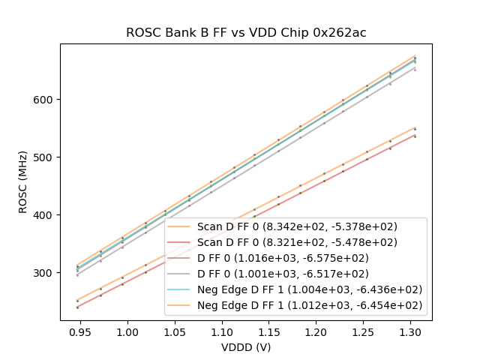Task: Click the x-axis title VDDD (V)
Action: [x=246, y=347]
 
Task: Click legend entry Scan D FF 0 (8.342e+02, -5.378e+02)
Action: [x=297, y=226]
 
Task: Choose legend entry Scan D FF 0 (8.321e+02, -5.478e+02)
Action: [x=297, y=242]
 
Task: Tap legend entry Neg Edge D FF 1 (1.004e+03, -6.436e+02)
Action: [x=310, y=289]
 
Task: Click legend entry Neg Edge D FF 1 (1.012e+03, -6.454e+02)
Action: [x=310, y=305]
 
